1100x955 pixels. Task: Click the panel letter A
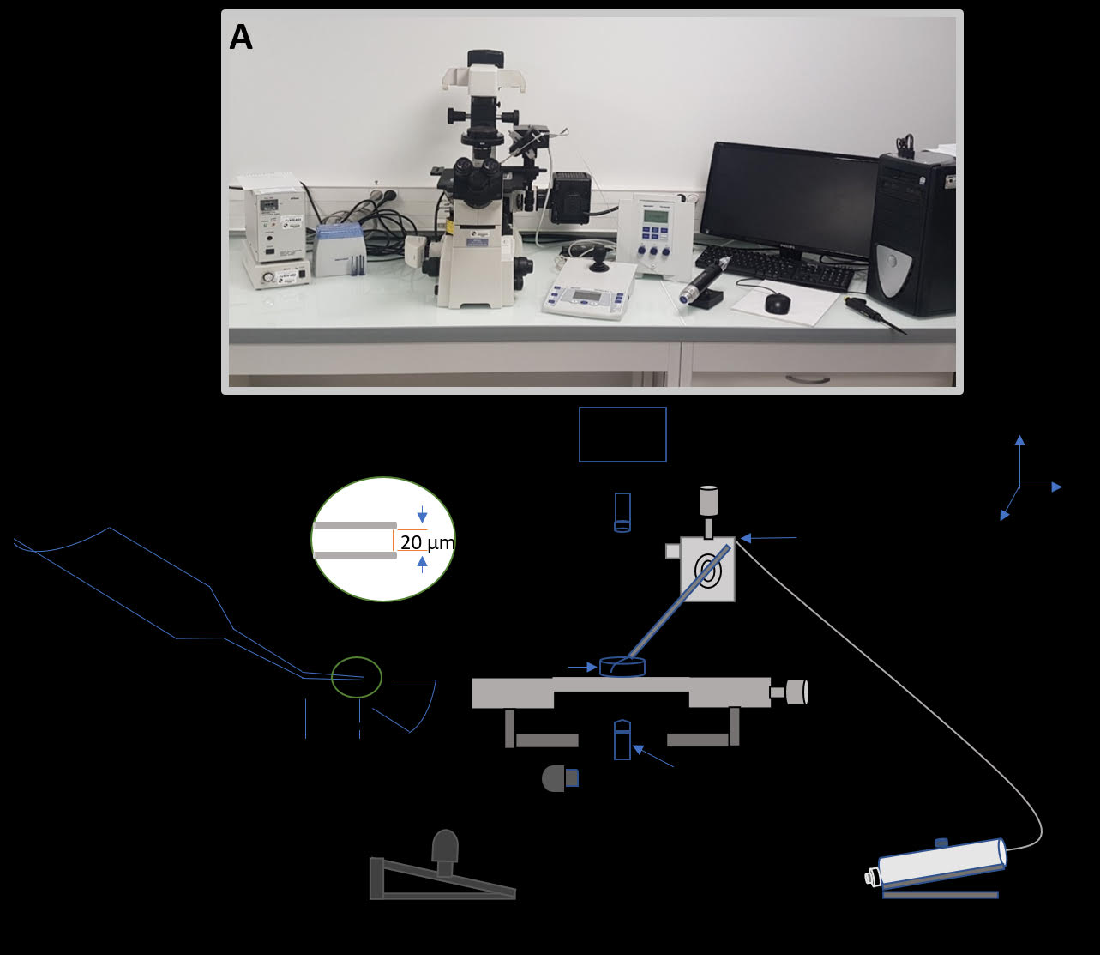coord(241,38)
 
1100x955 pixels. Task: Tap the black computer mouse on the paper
coord(777,302)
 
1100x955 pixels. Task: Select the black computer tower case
coord(912,232)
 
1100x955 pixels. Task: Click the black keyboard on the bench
coord(776,267)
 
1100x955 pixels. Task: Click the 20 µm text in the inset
coord(427,542)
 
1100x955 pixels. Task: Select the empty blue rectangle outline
coord(622,434)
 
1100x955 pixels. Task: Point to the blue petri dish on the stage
coord(622,667)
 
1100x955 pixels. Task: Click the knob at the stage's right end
coord(796,692)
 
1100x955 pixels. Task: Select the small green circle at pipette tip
coord(357,677)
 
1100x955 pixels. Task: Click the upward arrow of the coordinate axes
coord(1019,441)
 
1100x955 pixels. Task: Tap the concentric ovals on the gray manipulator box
coord(708,569)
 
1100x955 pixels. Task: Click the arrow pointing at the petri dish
coord(583,667)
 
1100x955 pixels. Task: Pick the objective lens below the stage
coord(622,739)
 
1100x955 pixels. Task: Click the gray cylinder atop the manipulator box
coord(708,500)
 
